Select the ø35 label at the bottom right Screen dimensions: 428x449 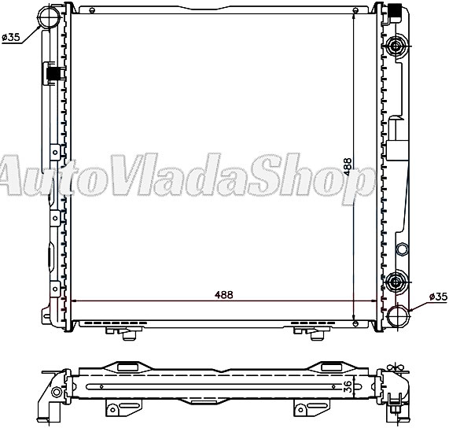coord(437,297)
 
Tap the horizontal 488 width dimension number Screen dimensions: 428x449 coord(224,294)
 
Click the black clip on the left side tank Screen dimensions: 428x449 coord(53,74)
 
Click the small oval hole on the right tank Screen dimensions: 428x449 coord(402,249)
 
